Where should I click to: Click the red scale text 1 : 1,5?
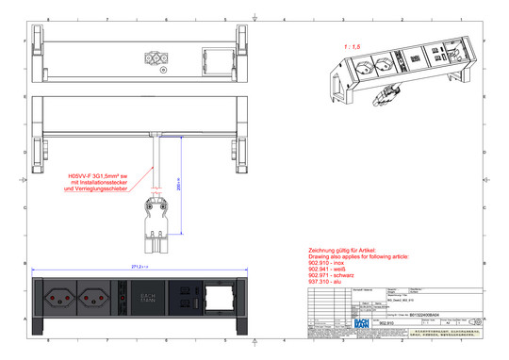(353, 45)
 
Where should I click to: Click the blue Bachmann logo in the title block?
(359, 323)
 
